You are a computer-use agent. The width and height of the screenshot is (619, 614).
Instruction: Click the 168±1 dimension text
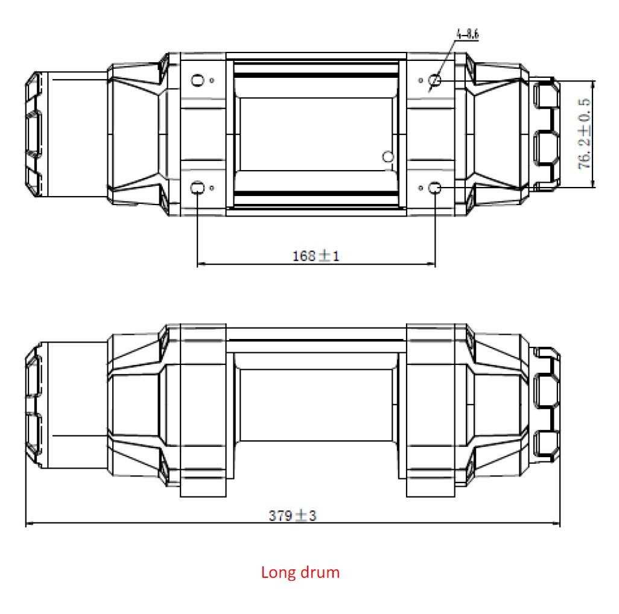[x=316, y=256]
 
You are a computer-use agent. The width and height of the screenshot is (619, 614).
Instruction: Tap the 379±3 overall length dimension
[x=293, y=515]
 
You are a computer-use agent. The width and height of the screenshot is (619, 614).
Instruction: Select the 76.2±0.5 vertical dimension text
[x=585, y=134]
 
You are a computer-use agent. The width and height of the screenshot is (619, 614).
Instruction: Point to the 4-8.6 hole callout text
[x=468, y=35]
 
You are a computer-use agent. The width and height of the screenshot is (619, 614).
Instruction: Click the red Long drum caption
[x=300, y=572]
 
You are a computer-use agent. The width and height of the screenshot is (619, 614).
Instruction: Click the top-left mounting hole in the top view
[x=197, y=80]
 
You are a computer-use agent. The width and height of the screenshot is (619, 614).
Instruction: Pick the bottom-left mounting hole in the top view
[x=197, y=188]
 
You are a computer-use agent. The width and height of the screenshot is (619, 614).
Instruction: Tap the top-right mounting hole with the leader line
[x=435, y=80]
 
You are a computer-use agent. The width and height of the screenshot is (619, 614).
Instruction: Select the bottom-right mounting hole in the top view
[x=435, y=188]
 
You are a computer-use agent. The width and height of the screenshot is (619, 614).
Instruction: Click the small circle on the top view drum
[x=388, y=157]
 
